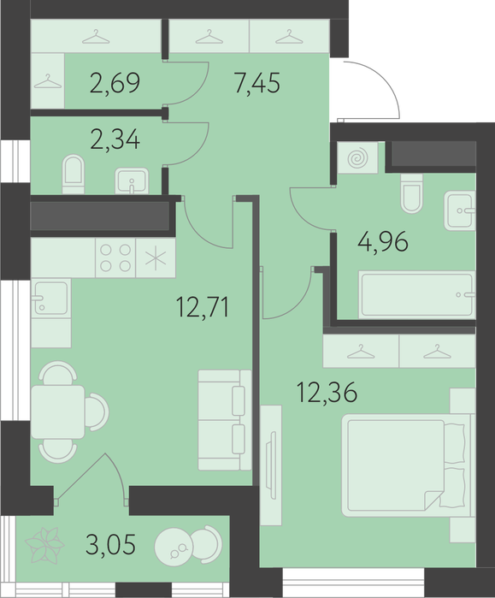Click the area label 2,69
click(115, 83)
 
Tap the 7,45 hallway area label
click(257, 83)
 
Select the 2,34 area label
click(115, 139)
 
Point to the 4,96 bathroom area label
click(383, 242)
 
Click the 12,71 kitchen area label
click(203, 307)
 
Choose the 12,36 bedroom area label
click(327, 393)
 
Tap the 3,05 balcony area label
click(110, 544)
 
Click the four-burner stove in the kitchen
click(115, 258)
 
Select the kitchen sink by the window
click(50, 297)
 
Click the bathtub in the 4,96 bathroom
click(416, 294)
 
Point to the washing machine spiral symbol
click(357, 157)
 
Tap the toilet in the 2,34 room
click(74, 175)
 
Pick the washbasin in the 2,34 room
click(132, 181)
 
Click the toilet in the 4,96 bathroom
click(411, 193)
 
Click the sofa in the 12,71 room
click(225, 420)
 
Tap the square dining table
click(58, 411)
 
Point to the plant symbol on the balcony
click(44, 545)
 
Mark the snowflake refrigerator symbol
click(156, 258)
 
